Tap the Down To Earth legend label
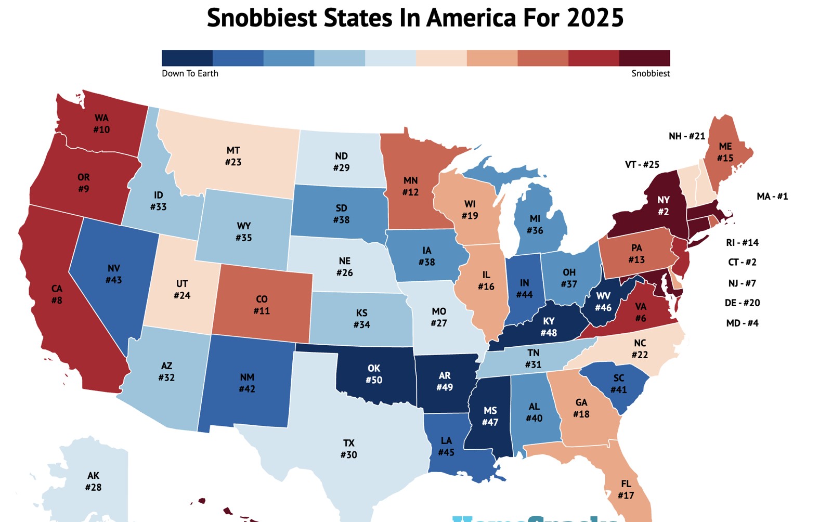(x=190, y=73)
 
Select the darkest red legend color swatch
(x=644, y=58)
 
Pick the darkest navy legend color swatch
(x=187, y=58)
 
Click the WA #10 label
(x=101, y=124)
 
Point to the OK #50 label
(x=373, y=374)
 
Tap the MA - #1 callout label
(x=772, y=196)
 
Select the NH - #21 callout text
(x=686, y=136)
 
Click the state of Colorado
(x=262, y=304)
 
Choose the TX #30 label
(x=348, y=449)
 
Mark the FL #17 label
(x=626, y=489)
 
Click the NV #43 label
(x=113, y=274)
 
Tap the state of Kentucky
(x=549, y=327)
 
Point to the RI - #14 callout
(x=742, y=242)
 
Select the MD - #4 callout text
(x=742, y=323)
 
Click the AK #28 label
(x=93, y=481)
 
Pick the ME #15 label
(x=725, y=152)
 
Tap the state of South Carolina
(x=618, y=384)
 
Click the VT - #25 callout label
(x=642, y=164)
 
